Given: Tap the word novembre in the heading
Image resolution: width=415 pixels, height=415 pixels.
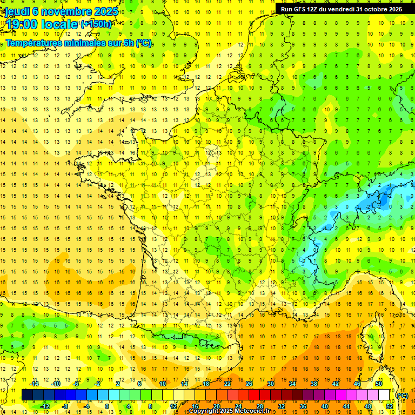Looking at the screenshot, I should pyautogui.click(x=68, y=11).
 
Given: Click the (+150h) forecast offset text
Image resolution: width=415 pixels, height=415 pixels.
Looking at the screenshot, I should pyautogui.click(x=96, y=24).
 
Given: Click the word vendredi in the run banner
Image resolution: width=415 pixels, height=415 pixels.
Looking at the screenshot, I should pyautogui.click(x=344, y=9).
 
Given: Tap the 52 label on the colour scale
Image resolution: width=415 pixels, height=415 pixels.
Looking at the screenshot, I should pyautogui.click(x=390, y=406).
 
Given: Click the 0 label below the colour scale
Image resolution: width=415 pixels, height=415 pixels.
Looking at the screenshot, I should pyautogui.click(x=106, y=406).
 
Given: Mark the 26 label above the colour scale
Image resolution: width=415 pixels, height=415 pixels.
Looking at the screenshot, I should pyautogui.click(x=249, y=384).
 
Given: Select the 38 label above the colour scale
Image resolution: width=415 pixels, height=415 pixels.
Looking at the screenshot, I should pyautogui.click(x=314, y=384).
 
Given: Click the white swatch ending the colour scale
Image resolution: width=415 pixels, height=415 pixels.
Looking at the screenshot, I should pyautogui.click(x=384, y=394).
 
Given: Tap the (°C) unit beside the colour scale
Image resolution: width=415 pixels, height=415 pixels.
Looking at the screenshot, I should pyautogui.click(x=403, y=396).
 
